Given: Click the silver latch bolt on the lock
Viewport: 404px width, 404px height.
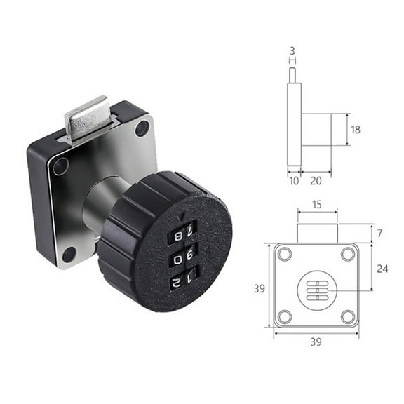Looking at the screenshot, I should click(87, 118).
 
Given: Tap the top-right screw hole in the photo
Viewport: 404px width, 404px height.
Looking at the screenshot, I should click(142, 128).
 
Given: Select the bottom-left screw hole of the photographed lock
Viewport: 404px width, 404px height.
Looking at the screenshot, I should click(68, 253).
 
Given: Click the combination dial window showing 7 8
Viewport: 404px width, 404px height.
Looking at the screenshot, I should click(182, 234).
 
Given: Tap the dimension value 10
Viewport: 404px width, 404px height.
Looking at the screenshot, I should click(294, 180).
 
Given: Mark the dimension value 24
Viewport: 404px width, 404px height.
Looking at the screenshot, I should click(379, 267).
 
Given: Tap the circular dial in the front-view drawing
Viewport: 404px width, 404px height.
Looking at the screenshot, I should click(316, 288).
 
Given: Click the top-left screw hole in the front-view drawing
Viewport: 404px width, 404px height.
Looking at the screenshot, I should click(284, 254).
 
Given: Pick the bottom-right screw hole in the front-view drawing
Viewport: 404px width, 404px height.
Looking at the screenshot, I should click(348, 317).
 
